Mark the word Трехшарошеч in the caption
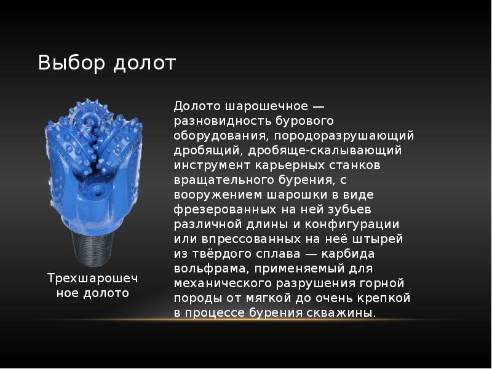(x=93, y=279)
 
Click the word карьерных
(x=288, y=164)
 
